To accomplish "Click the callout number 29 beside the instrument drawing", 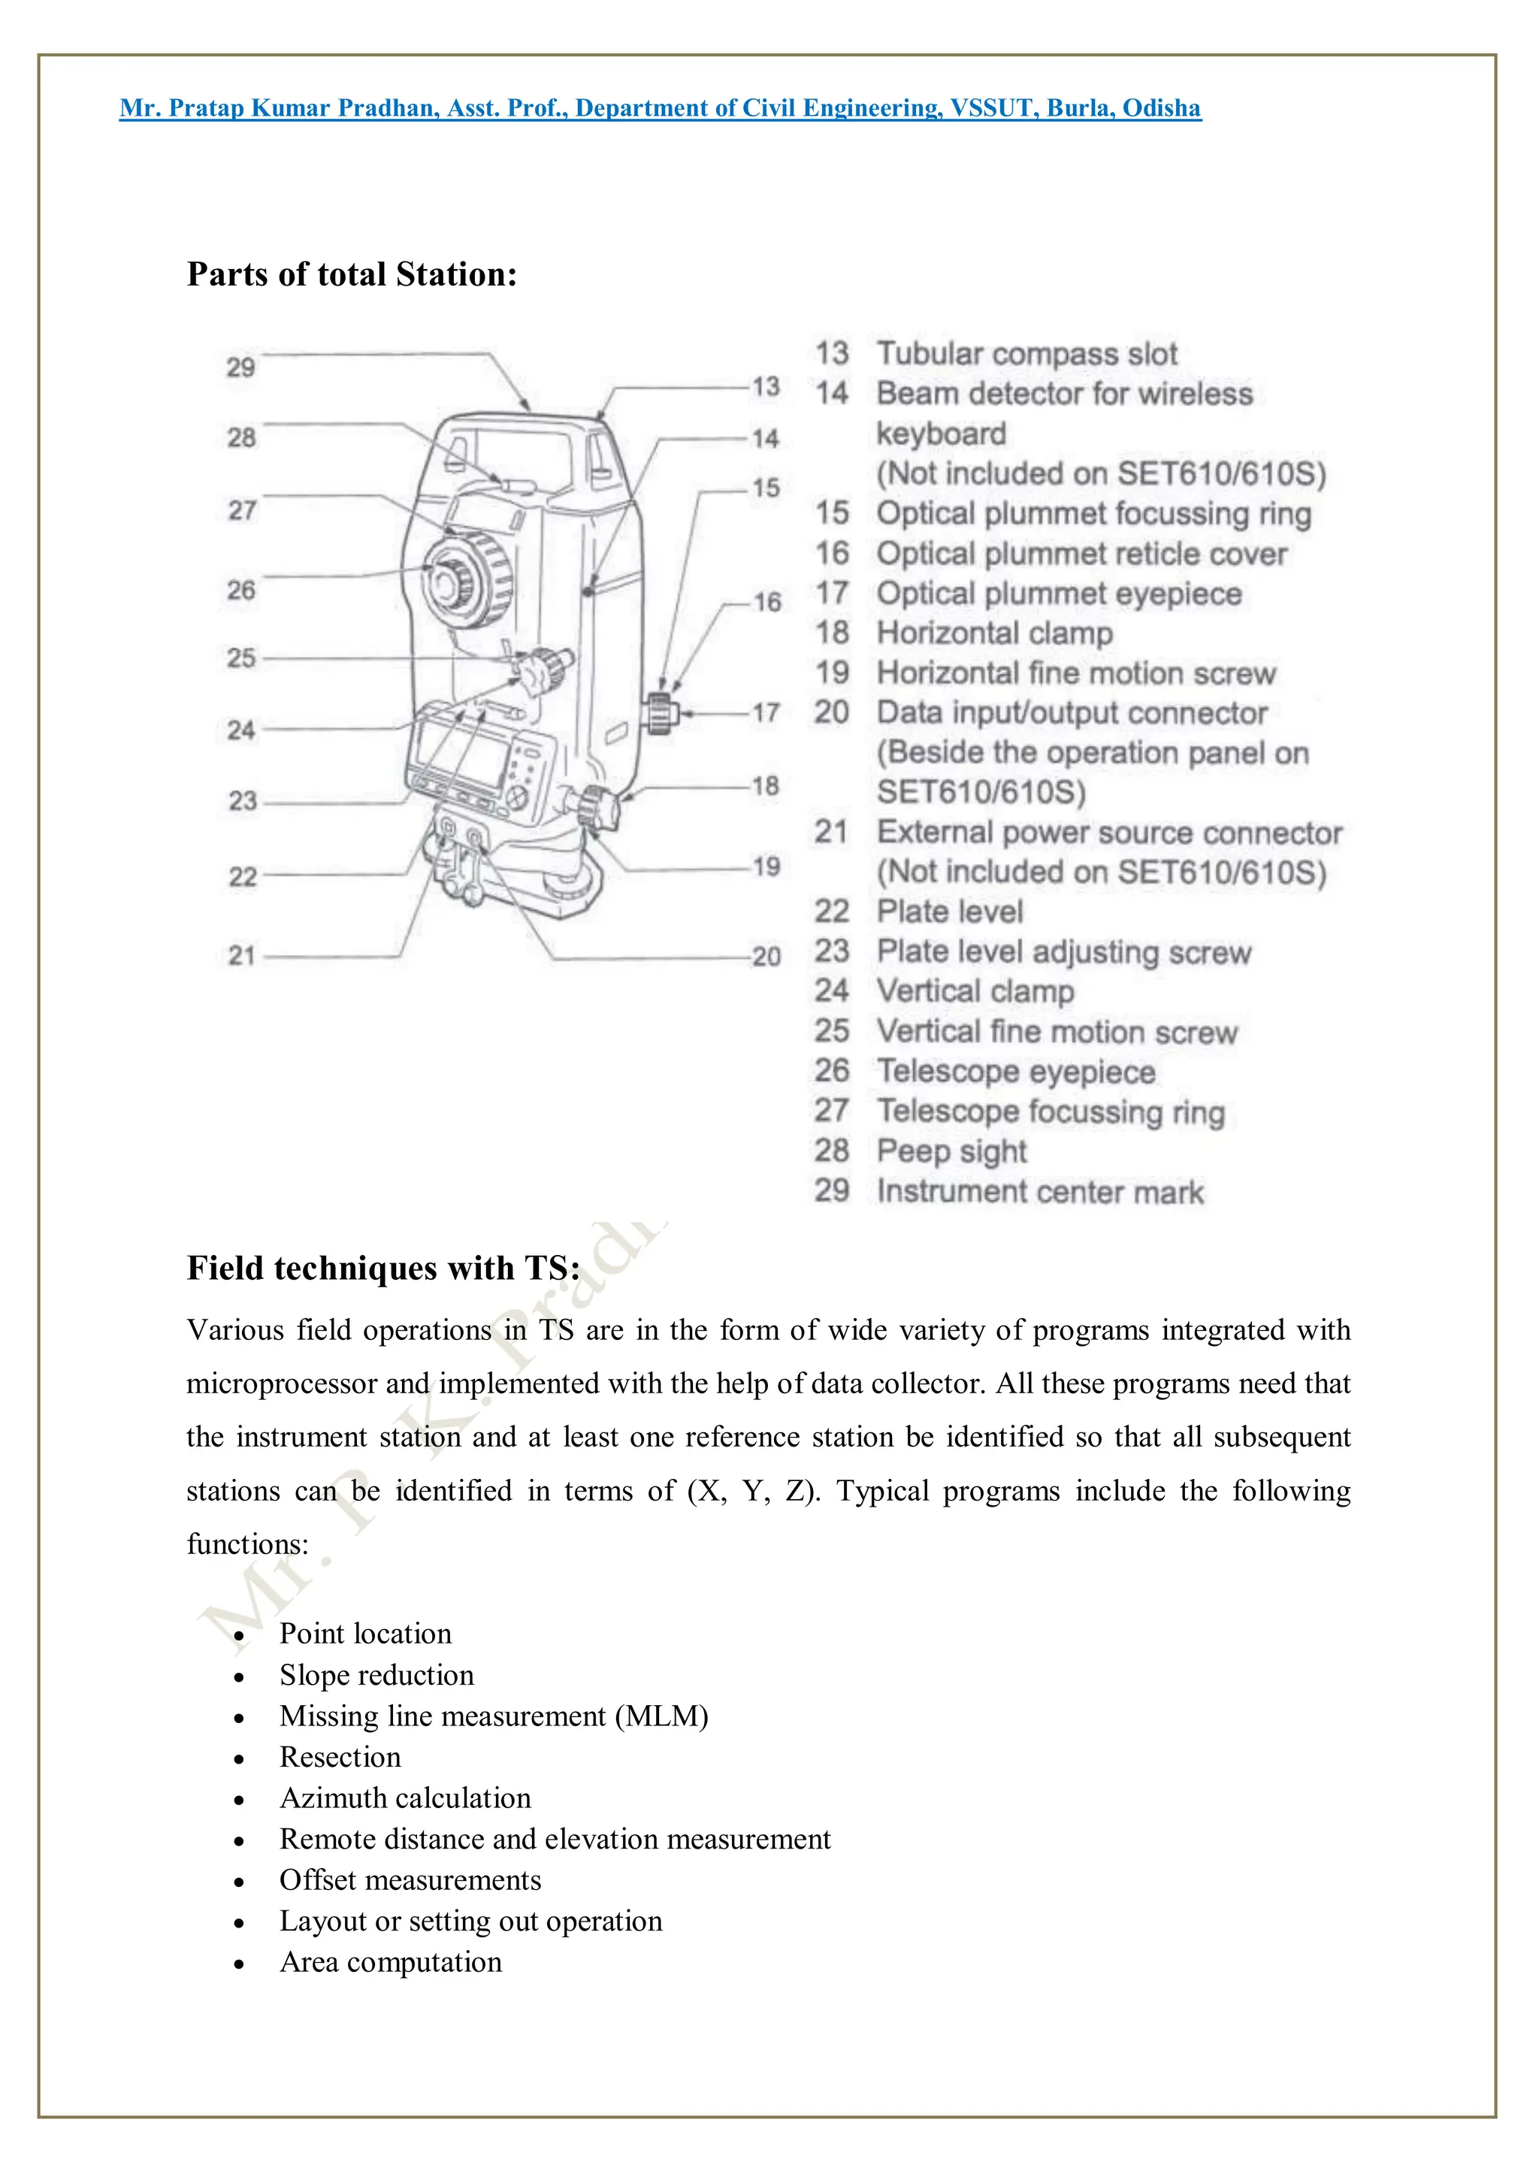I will pyautogui.click(x=241, y=367).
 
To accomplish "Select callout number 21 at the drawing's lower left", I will pyautogui.click(x=242, y=955).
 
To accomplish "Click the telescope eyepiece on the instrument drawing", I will pyautogui.click(x=444, y=580).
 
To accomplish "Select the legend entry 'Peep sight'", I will pyautogui.click(x=951, y=1151).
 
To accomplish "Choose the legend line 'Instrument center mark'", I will pyautogui.click(x=1039, y=1191).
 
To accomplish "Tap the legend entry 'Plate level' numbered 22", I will pyautogui.click(x=949, y=912).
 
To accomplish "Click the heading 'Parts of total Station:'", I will pyautogui.click(x=352, y=274).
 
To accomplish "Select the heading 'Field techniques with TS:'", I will pyautogui.click(x=383, y=1268).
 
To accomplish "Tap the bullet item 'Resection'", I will pyautogui.click(x=340, y=1757).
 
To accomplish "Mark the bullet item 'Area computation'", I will pyautogui.click(x=390, y=1962).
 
